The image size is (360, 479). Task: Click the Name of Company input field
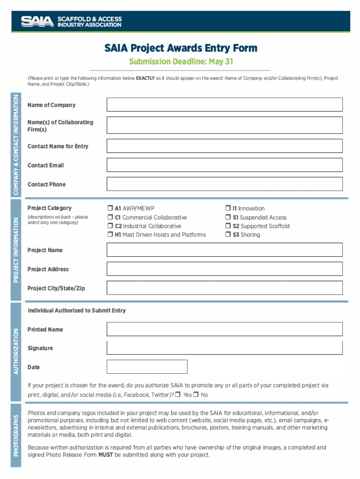(x=225, y=105)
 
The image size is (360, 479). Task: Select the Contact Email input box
(x=225, y=165)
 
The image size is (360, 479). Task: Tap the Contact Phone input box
(x=225, y=184)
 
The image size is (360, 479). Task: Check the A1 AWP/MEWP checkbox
(x=110, y=209)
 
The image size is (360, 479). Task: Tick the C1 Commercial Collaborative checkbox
(x=110, y=218)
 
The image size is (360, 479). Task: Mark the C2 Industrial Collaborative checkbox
(x=110, y=226)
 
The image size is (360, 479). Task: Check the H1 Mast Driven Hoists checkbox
(x=110, y=235)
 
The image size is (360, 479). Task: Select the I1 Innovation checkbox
(x=228, y=209)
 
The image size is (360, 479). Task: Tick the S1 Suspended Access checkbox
(x=228, y=218)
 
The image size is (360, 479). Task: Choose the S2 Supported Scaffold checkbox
(x=228, y=226)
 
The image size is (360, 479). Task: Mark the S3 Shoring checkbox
(x=228, y=235)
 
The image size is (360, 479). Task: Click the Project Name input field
(x=225, y=250)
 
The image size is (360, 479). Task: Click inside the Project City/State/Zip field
(x=225, y=288)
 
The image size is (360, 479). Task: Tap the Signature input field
(x=225, y=348)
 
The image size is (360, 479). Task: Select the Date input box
(x=147, y=367)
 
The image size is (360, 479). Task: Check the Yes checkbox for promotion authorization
(x=179, y=395)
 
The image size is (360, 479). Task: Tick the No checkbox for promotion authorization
(x=196, y=395)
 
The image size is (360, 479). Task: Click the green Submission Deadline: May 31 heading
(x=180, y=62)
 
